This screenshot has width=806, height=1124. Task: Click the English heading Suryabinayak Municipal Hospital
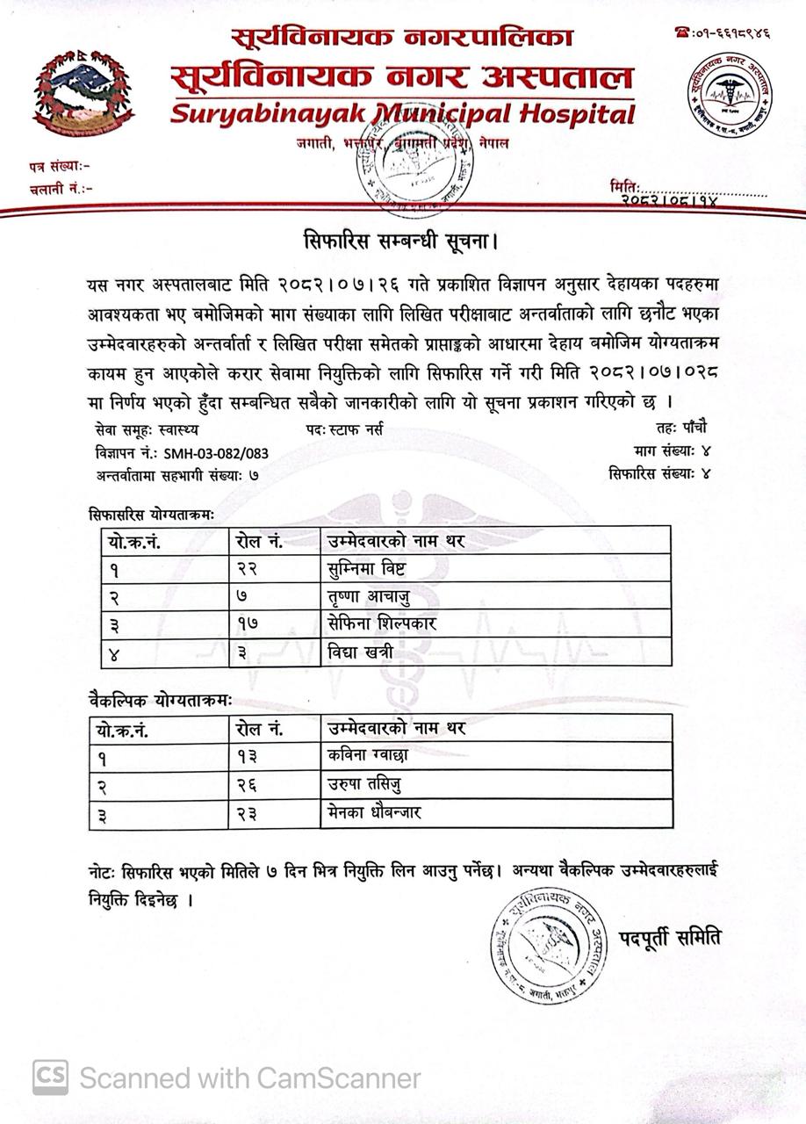tap(402, 114)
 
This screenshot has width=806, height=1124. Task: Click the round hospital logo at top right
tap(730, 93)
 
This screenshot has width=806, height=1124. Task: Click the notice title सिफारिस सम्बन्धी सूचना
tap(401, 240)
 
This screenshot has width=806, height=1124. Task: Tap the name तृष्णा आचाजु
tap(369, 598)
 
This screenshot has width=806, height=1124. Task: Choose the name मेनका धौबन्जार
tap(373, 812)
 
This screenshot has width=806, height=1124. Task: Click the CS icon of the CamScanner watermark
tap(51, 1077)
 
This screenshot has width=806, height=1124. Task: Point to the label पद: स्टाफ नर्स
tap(344, 430)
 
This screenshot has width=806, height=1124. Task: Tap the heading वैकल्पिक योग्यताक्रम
tap(160, 701)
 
